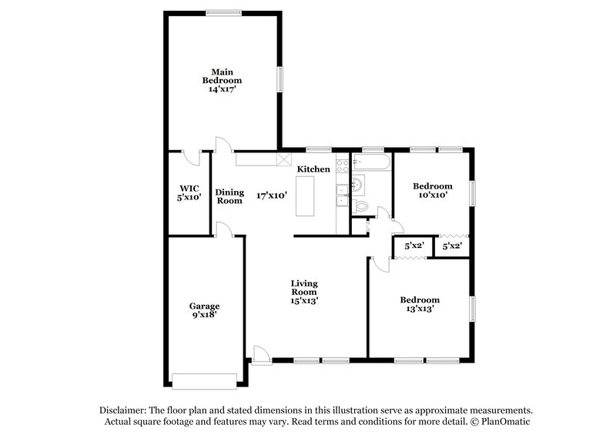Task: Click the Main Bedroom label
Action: click(222, 76)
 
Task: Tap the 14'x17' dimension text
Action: click(222, 89)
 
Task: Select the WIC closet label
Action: click(190, 188)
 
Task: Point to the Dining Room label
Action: click(229, 196)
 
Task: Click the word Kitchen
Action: click(314, 169)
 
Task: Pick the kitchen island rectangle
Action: click(306, 196)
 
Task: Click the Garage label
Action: click(204, 306)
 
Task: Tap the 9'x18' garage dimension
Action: click(204, 315)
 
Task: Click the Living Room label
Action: click(304, 287)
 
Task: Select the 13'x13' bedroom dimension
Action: click(420, 309)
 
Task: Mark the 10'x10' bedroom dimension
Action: click(432, 196)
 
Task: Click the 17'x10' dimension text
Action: click(272, 196)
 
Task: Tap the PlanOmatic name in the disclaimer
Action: click(507, 422)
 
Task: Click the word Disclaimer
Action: click(122, 410)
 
